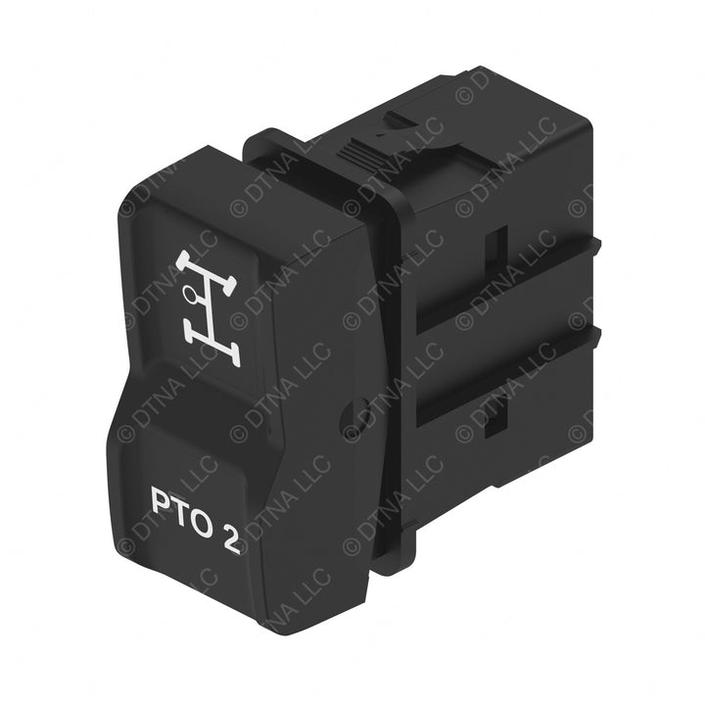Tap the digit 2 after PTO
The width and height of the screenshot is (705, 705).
(231, 540)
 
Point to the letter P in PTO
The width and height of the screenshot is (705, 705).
(161, 501)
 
